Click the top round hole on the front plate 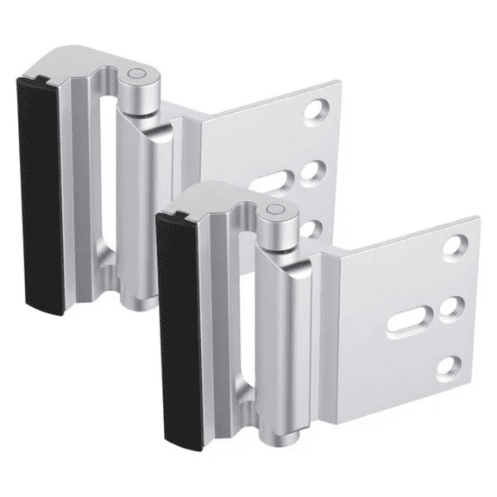[x=455, y=247]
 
